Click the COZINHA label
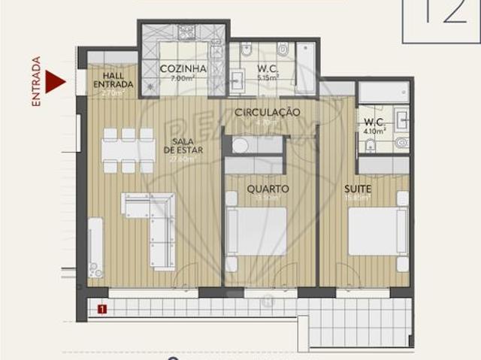(x=183, y=69)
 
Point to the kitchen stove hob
(x=185, y=32)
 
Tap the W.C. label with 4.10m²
(x=374, y=125)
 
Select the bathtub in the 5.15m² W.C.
(x=306, y=69)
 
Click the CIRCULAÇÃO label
(x=268, y=112)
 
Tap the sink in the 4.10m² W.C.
(x=401, y=119)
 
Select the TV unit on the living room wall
(x=95, y=248)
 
